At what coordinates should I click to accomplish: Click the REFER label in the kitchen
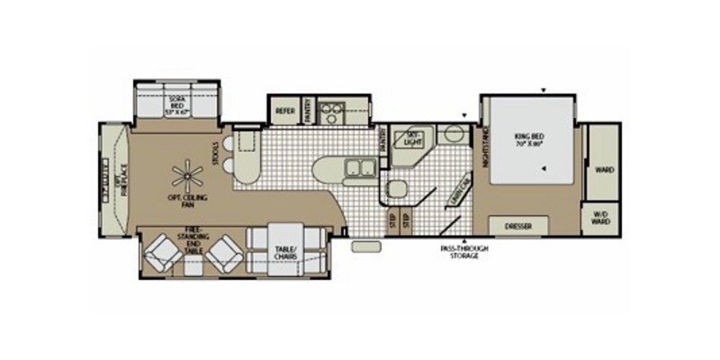(x=284, y=112)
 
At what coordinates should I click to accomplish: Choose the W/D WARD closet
(x=600, y=218)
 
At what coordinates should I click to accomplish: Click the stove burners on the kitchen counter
(x=334, y=112)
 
